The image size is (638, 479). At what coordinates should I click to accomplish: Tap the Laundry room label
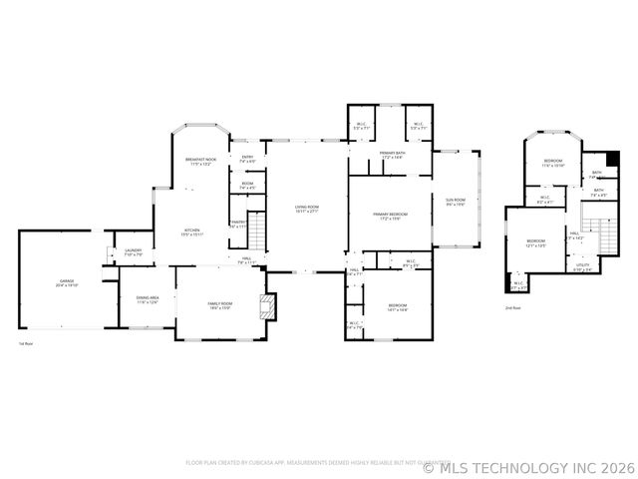click(133, 252)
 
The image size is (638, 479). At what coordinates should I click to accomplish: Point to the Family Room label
click(219, 305)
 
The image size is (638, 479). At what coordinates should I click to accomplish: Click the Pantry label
click(237, 224)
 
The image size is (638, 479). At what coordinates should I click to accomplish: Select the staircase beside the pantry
click(257, 232)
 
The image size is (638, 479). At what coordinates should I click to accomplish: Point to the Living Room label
click(306, 209)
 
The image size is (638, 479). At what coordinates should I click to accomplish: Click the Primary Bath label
click(391, 155)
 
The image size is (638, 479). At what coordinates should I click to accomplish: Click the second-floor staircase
click(604, 237)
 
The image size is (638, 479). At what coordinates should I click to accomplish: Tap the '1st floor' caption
click(27, 343)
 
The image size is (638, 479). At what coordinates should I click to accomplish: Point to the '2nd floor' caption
click(513, 308)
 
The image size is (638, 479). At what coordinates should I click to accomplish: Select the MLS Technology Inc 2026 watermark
click(529, 466)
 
